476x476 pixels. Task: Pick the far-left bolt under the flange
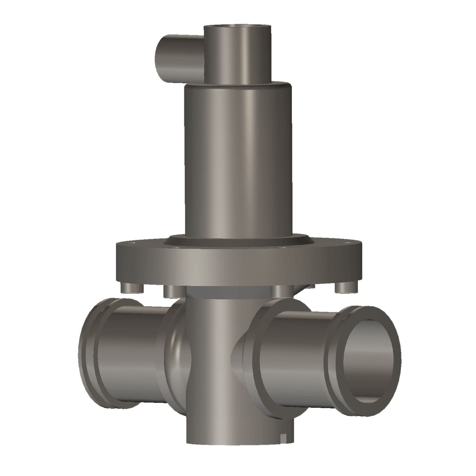tap(130, 288)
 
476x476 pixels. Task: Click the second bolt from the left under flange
tap(171, 291)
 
